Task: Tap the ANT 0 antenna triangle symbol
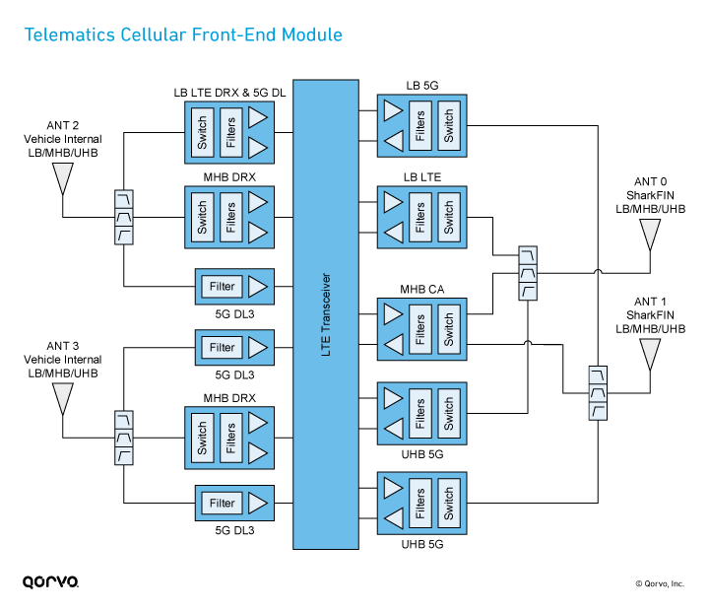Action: pos(650,235)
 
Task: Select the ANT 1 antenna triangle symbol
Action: pos(650,353)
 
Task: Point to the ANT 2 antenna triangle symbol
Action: pos(63,178)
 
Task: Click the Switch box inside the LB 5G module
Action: pos(448,125)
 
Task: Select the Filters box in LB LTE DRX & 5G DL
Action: pos(230,133)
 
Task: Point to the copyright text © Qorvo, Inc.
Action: pos(658,583)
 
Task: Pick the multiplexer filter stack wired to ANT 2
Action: pos(124,217)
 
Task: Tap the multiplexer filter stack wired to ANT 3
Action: pos(124,438)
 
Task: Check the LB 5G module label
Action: pos(421,85)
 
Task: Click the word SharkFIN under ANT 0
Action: pos(650,195)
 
